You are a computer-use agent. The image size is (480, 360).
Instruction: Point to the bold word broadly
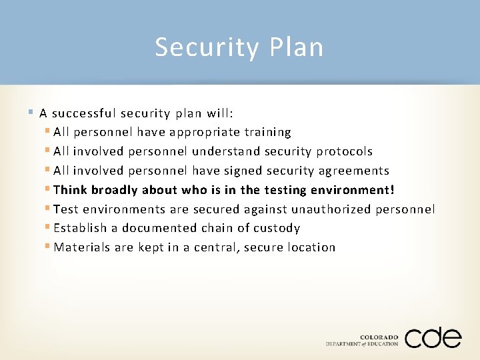coord(114,190)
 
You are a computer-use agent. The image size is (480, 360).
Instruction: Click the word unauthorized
coord(319,209)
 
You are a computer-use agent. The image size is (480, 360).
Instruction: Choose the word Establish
coord(81,228)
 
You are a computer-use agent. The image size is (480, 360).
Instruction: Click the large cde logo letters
coord(432,337)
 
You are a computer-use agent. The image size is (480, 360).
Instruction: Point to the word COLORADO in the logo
coord(379,337)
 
